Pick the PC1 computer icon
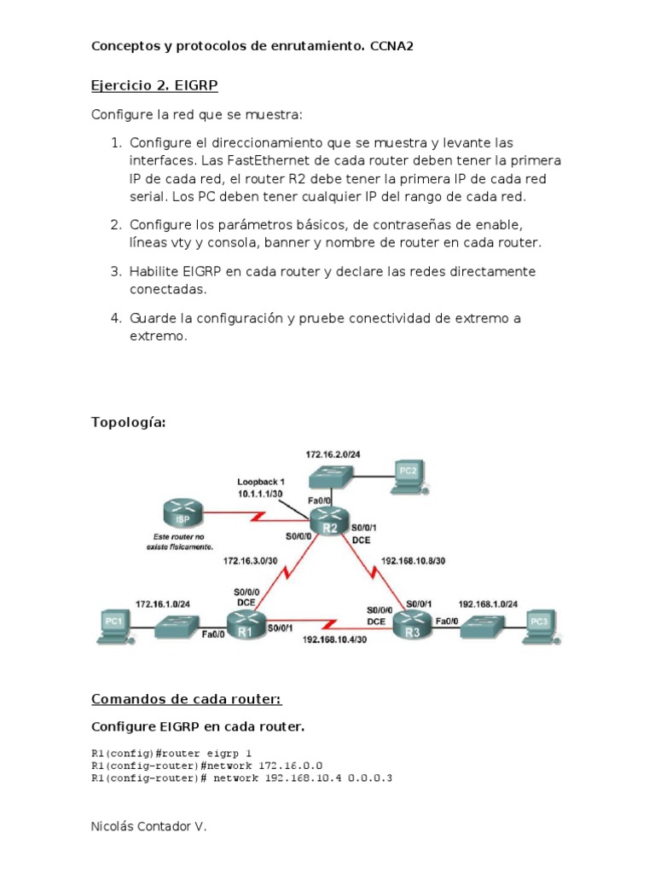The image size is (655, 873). (x=113, y=625)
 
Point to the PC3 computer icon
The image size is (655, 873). (x=539, y=625)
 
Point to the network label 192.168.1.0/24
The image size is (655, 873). (x=489, y=603)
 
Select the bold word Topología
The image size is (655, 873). (x=127, y=422)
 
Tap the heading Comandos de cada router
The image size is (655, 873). (x=186, y=699)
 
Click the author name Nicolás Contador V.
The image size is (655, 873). (x=148, y=827)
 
